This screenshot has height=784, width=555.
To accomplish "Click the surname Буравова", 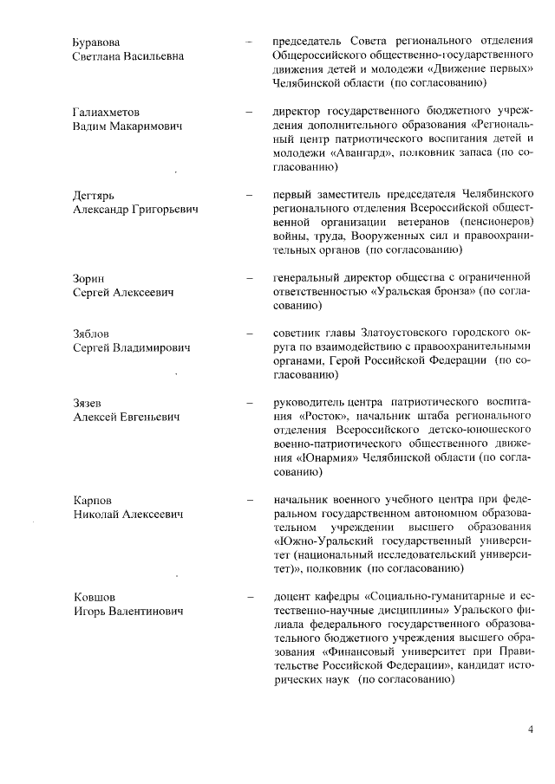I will tap(96, 42).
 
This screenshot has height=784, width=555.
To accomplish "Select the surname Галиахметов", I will tap(105, 113).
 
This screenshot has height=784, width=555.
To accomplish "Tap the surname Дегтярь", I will tap(93, 196).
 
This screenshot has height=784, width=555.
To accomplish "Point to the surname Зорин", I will tap(88, 279).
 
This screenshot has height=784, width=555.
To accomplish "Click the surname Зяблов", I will tap(92, 334).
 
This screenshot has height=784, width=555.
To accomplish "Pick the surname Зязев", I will tap(88, 404).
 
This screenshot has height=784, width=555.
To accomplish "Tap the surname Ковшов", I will tap(94, 598).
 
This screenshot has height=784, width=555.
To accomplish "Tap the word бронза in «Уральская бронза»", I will tap(453, 293).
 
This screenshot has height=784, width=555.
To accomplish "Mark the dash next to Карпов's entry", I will tap(250, 501).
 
